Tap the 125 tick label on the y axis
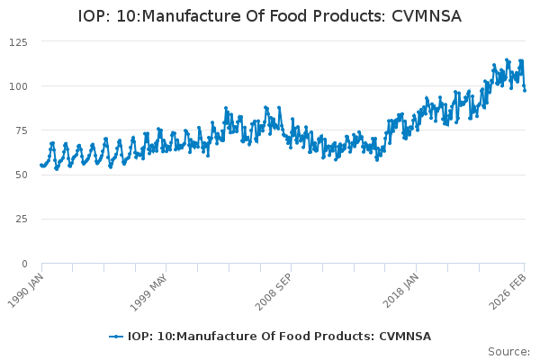click(18, 42)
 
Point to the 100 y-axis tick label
click(18, 86)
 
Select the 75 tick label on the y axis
click(21, 130)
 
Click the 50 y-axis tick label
click(21, 175)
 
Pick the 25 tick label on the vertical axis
click(21, 219)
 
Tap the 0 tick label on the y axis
click(24, 264)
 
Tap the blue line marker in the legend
click(116, 337)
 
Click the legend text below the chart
click(279, 337)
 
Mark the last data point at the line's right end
click(525, 90)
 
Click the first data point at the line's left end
click(41, 165)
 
